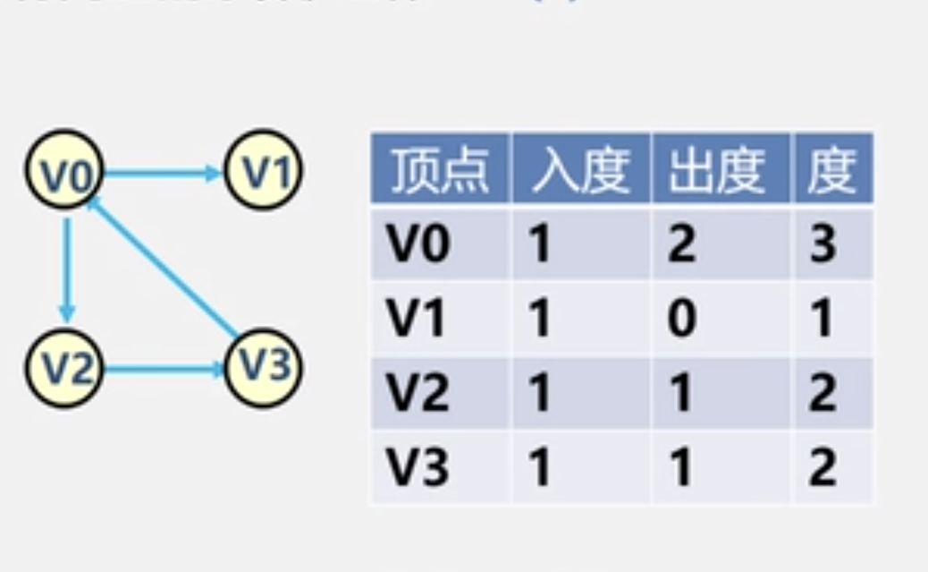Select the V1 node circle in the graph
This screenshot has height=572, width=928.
pyautogui.click(x=263, y=170)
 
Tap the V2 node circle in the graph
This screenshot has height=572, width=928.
pyautogui.click(x=64, y=368)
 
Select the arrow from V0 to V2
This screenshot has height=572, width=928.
pyautogui.click(x=66, y=269)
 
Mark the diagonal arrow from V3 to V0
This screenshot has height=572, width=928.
pyautogui.click(x=165, y=268)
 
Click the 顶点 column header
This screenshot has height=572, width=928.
pyautogui.click(x=439, y=168)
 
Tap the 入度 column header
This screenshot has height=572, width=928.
pyautogui.click(x=579, y=168)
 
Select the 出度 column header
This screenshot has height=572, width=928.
pyautogui.click(x=721, y=168)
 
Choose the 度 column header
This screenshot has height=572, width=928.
pyautogui.click(x=831, y=168)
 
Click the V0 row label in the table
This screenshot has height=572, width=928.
pyautogui.click(x=418, y=244)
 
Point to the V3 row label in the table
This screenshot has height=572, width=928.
pyautogui.click(x=418, y=468)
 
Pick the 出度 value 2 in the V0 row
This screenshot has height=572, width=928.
pyautogui.click(x=681, y=244)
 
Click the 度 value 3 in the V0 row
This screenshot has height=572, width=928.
pyautogui.click(x=822, y=244)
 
